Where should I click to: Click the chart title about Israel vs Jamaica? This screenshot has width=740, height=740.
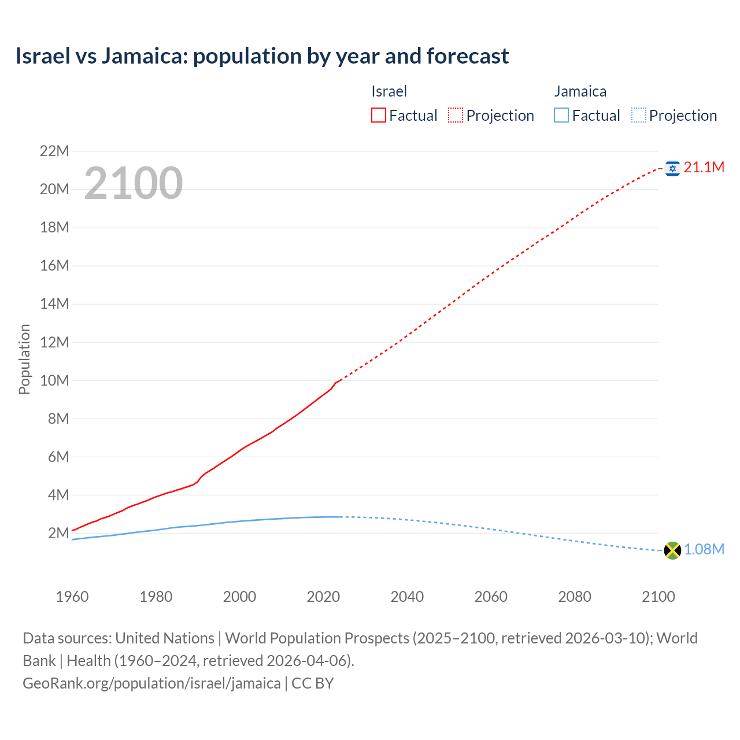[262, 56]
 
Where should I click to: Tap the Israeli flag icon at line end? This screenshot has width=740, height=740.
[672, 168]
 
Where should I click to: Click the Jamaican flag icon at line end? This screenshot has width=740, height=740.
[672, 550]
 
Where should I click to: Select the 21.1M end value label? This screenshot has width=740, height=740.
[704, 168]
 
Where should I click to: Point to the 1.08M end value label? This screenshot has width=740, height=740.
[704, 550]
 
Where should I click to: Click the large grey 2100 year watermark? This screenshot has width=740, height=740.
[134, 183]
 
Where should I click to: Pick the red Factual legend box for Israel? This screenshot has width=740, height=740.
[379, 116]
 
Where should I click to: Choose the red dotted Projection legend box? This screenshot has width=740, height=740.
[456, 116]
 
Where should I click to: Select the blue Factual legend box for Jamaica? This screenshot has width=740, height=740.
[561, 116]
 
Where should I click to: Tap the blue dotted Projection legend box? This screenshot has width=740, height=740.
[638, 116]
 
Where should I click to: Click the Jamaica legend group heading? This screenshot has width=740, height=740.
[580, 91]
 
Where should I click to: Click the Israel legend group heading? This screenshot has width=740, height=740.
[389, 91]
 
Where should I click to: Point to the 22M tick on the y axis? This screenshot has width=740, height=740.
[54, 151]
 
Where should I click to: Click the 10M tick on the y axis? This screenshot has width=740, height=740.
[54, 380]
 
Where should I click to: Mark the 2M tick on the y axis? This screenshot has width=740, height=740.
[58, 533]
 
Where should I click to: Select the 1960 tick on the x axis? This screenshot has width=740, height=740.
[72, 597]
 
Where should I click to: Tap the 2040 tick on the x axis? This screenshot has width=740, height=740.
[407, 597]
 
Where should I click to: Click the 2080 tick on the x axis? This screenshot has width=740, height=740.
[575, 597]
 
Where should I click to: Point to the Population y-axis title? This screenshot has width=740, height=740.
[24, 359]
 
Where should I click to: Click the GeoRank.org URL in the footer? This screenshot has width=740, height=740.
[151, 683]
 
